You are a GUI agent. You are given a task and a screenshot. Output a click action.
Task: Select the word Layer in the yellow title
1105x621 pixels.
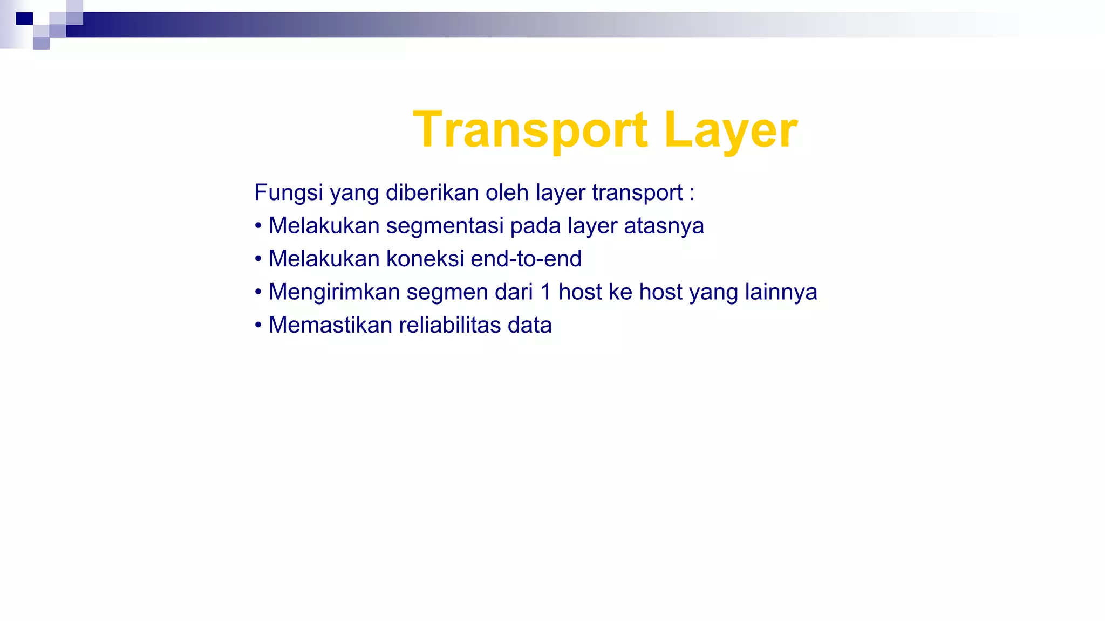(731, 130)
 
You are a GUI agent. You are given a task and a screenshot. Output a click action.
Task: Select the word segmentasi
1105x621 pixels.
(445, 226)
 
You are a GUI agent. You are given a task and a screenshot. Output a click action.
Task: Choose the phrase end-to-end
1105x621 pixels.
(526, 259)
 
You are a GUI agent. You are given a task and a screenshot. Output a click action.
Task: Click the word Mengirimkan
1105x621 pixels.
(334, 292)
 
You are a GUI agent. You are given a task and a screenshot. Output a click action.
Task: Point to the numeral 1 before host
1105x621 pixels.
(545, 292)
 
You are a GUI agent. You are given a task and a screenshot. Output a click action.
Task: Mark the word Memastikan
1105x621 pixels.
(330, 325)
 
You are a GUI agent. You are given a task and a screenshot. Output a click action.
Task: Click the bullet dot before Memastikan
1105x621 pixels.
(258, 325)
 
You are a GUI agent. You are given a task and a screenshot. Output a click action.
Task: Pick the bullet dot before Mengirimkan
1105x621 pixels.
(258, 292)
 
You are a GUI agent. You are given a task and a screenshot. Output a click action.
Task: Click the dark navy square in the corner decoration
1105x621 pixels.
(24, 19)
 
